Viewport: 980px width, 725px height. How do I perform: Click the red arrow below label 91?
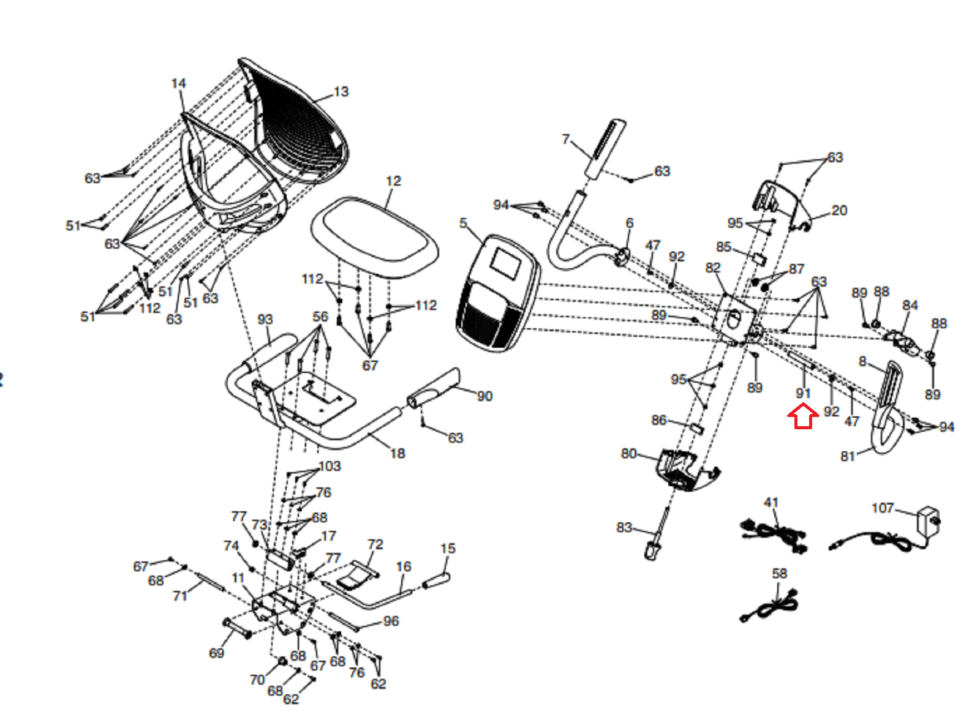tap(803, 416)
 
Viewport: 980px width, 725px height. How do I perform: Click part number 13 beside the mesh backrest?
tap(341, 91)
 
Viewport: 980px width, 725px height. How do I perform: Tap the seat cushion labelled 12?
tap(374, 237)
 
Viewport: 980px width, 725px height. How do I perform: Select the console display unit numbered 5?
tap(498, 293)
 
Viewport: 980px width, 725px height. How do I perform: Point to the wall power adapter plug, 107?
tap(928, 522)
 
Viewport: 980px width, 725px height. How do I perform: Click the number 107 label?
tap(883, 508)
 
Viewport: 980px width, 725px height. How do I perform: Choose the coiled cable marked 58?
tap(769, 606)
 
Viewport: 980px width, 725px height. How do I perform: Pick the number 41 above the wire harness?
tap(771, 502)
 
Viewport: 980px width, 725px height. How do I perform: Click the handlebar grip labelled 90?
tap(434, 389)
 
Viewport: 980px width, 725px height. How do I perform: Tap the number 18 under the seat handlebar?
tap(398, 453)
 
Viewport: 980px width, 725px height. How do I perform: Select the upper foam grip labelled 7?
tap(605, 148)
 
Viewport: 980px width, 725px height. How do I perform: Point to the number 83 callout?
tap(624, 527)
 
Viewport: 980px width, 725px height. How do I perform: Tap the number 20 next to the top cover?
tap(839, 210)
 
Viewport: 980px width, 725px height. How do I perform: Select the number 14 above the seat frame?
tap(178, 83)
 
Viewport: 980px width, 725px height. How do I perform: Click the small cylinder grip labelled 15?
tap(437, 580)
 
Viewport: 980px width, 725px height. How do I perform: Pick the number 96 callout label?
tap(391, 621)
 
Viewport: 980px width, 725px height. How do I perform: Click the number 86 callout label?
tap(658, 419)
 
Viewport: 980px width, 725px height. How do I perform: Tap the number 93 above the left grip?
tap(265, 319)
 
